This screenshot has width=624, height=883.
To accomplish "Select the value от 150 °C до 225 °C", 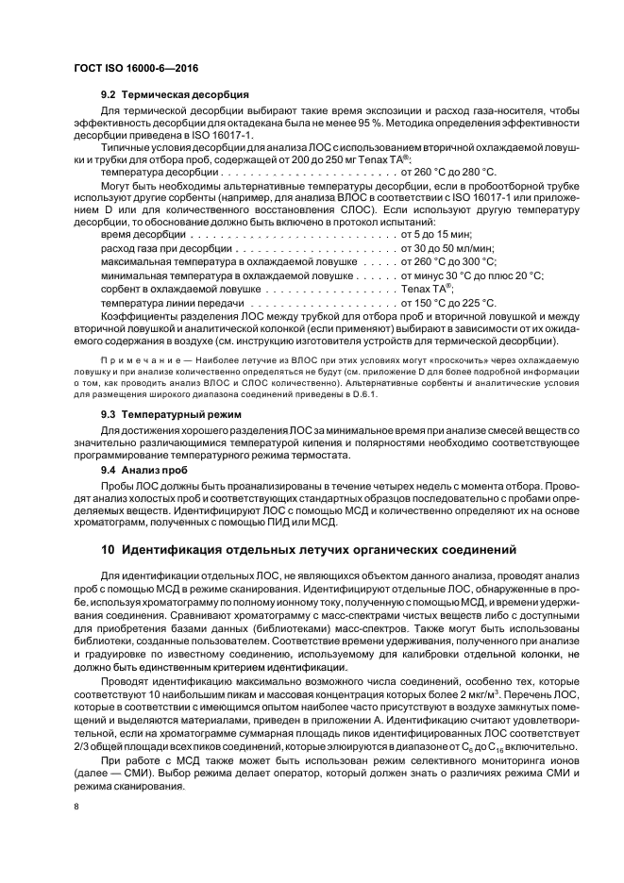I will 447,303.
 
